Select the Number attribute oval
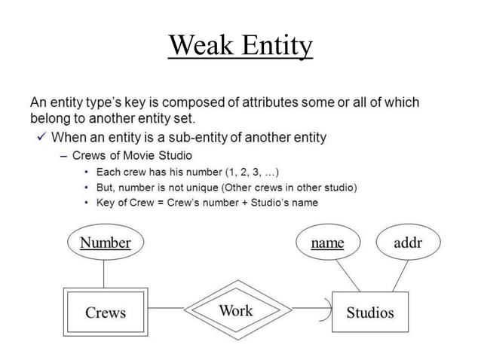pos(105,243)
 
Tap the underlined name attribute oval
pos(327,243)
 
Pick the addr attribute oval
pos(407,243)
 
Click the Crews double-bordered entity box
pos(105,312)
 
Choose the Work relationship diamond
pos(236,310)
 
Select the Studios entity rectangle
pos(369,312)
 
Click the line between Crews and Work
pos(165,308)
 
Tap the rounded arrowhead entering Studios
pos(326,309)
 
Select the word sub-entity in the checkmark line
pos(210,137)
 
